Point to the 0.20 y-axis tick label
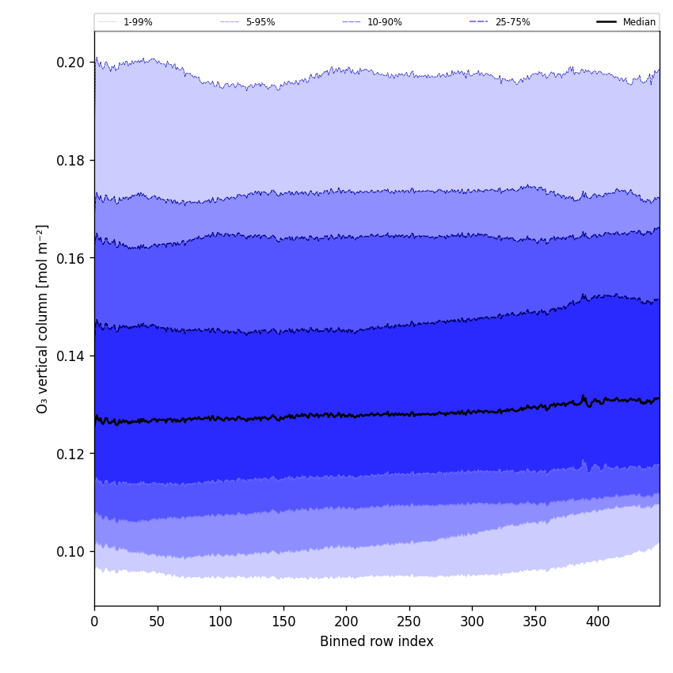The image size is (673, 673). pyautogui.click(x=71, y=63)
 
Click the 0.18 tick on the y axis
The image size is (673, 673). pyautogui.click(x=71, y=161)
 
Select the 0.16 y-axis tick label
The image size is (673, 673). pyautogui.click(x=71, y=258)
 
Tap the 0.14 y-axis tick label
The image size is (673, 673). pyautogui.click(x=71, y=356)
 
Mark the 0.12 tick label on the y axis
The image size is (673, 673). pyautogui.click(x=71, y=454)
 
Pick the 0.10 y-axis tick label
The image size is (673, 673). pyautogui.click(x=71, y=552)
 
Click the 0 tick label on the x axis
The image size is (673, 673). pyautogui.click(x=94, y=622)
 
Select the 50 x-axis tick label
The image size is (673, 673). pyautogui.click(x=158, y=622)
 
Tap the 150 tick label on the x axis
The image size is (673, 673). pyautogui.click(x=283, y=622)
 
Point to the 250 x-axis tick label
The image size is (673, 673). pyautogui.click(x=409, y=622)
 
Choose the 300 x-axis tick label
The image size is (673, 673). pyautogui.click(x=472, y=622)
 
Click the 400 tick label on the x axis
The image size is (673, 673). pyautogui.click(x=598, y=622)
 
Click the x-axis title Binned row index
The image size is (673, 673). pyautogui.click(x=377, y=642)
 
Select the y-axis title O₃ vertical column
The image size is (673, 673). pyautogui.click(x=43, y=318)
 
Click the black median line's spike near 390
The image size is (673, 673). pyautogui.click(x=584, y=396)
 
